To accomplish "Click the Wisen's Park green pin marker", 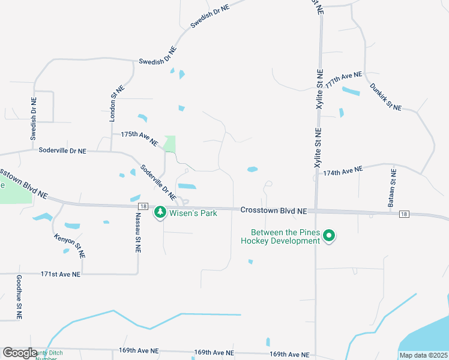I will point(160,212).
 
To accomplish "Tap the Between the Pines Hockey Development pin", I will point(328,236).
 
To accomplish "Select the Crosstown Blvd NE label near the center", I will point(273,211).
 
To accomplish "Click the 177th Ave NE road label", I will point(344,80).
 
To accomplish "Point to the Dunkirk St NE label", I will point(385,96).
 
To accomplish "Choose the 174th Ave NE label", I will point(343,172).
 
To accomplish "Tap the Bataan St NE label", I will point(392,188).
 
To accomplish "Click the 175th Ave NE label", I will point(139,139).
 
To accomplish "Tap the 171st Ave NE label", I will point(60,274).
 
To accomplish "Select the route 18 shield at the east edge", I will point(403,214).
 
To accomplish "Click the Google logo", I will point(20,353).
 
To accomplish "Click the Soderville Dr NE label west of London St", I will point(62,151).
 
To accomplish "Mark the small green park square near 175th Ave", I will point(169,143).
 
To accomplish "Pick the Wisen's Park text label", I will point(192,212).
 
